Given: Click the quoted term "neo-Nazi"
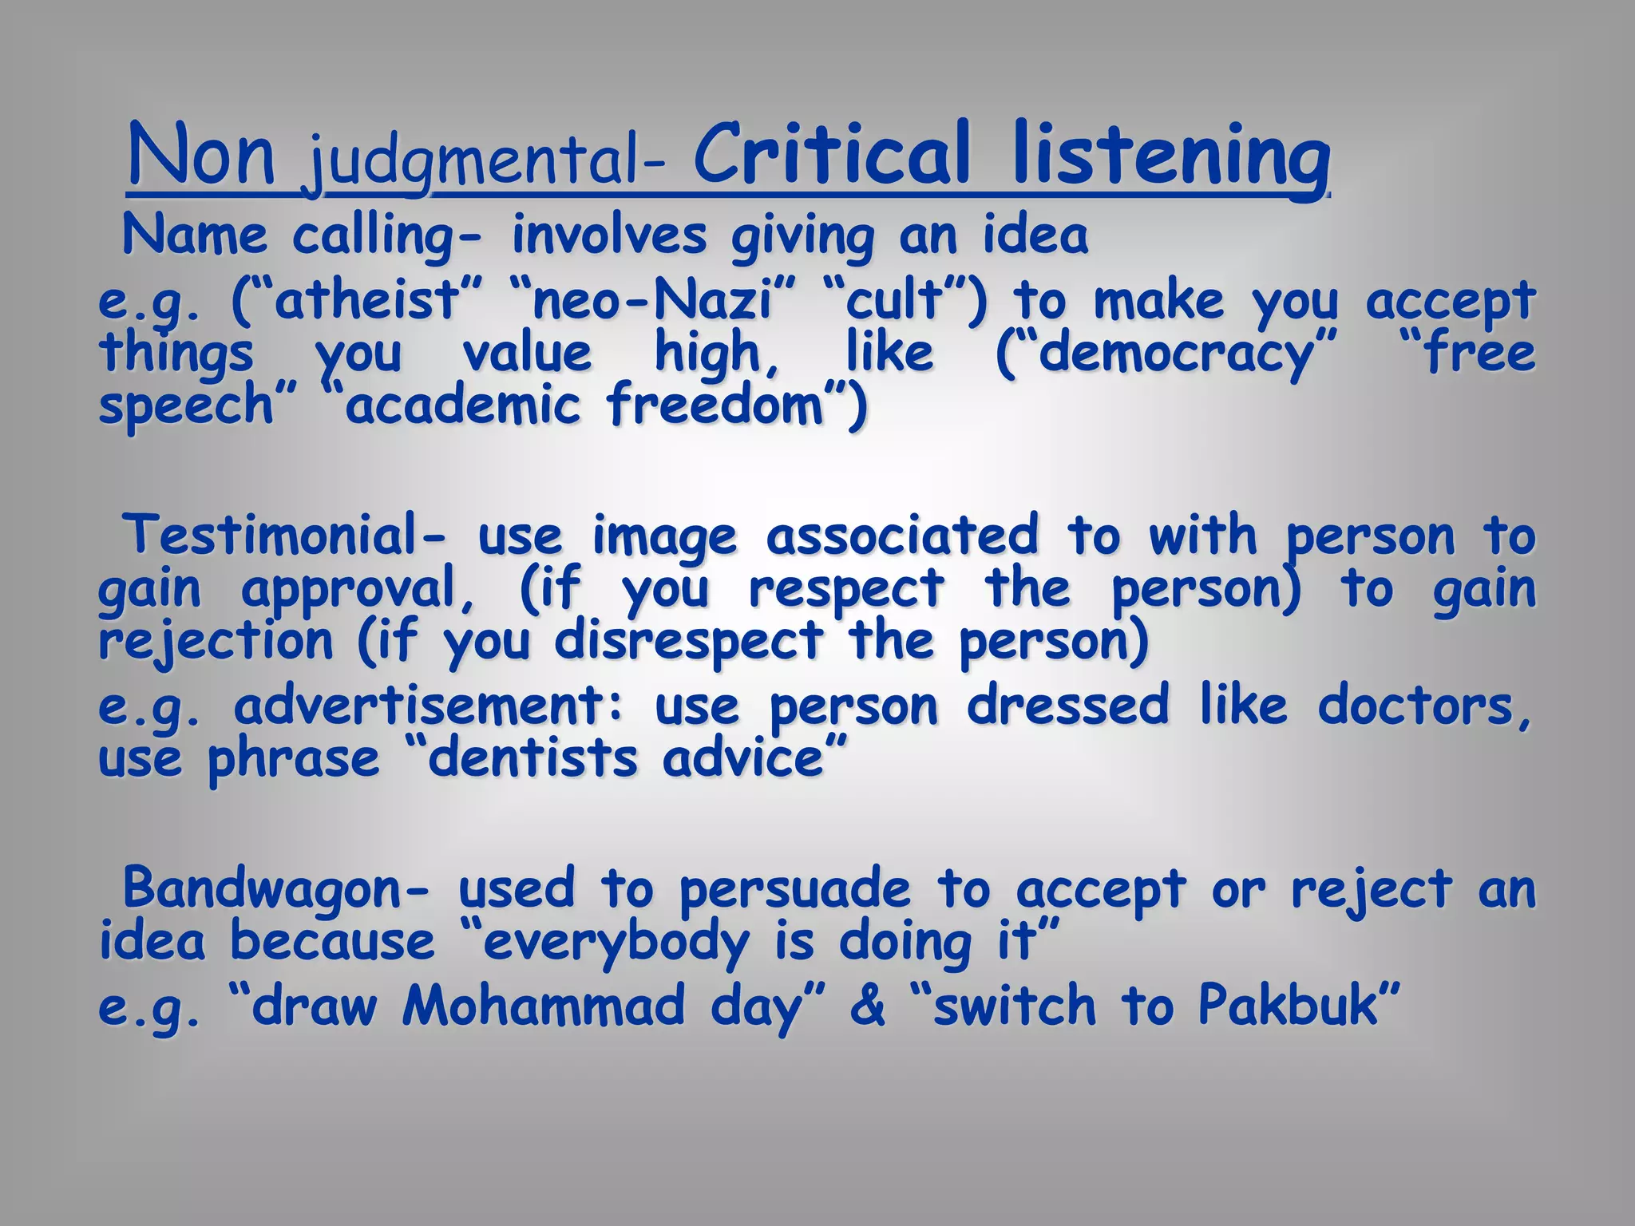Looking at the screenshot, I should [651, 302].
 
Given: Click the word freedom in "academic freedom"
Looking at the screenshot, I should [715, 405].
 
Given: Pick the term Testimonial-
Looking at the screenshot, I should [284, 534].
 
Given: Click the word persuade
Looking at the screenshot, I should [795, 889].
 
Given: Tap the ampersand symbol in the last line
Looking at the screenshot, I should [868, 1006].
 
